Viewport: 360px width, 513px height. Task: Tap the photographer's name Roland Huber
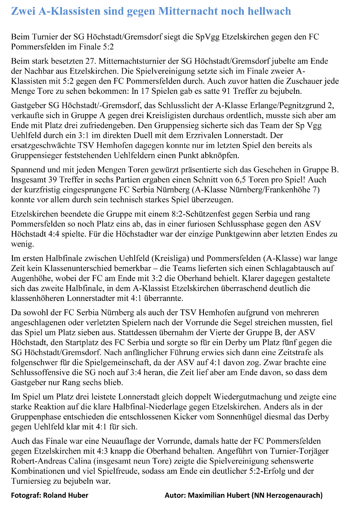coord(65,495)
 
